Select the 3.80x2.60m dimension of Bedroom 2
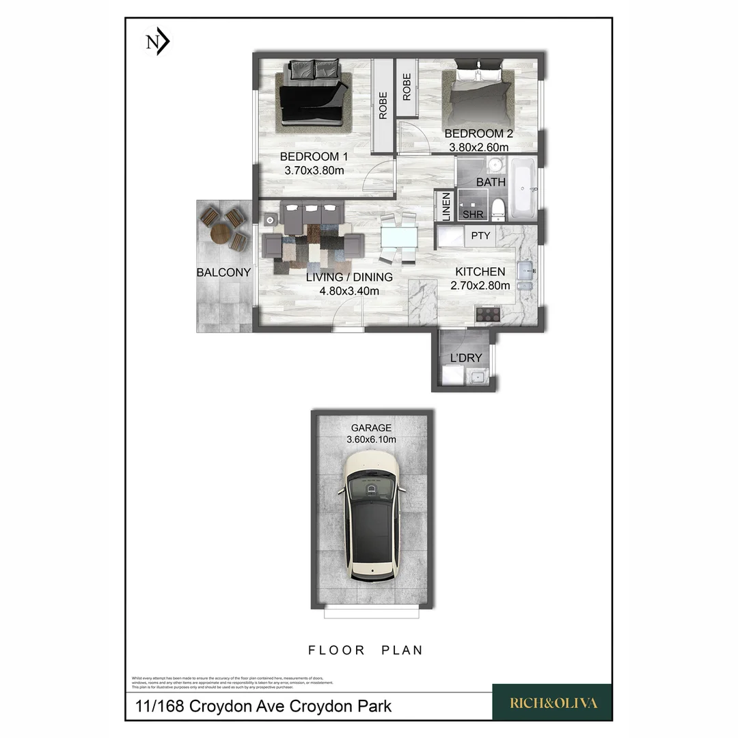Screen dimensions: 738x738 click(478, 147)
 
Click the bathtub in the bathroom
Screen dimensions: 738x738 click(524, 187)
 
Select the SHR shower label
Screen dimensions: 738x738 click(473, 215)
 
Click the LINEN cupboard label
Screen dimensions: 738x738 click(446, 207)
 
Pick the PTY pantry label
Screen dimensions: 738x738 click(480, 236)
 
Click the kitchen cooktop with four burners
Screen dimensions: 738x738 click(488, 314)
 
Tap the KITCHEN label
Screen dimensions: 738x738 click(480, 272)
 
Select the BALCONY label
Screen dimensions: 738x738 click(223, 272)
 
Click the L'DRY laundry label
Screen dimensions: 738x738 click(465, 357)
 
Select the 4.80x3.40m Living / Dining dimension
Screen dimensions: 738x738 click(349, 291)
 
